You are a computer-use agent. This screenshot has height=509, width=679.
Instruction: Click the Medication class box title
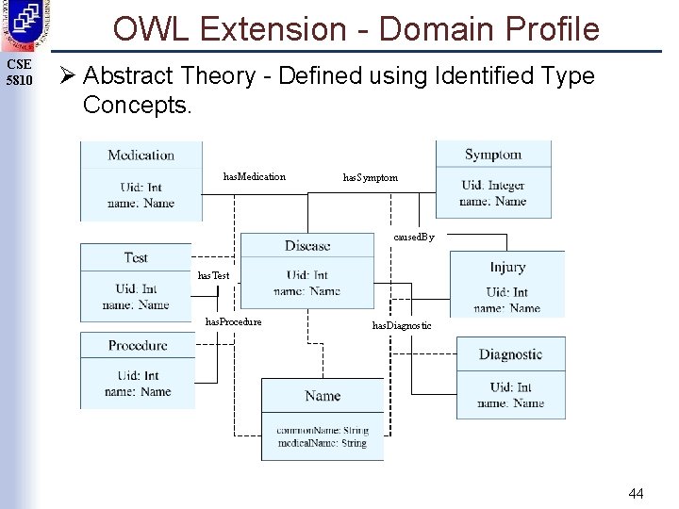[x=141, y=156]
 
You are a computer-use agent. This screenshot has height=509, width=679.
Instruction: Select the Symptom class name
[x=492, y=155]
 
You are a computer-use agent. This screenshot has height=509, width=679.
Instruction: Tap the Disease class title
[x=307, y=246]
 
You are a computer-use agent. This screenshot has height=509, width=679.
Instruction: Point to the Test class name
[x=136, y=257]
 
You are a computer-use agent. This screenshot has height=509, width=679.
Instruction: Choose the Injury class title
[x=507, y=267]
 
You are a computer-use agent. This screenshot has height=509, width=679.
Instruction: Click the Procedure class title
[x=138, y=346]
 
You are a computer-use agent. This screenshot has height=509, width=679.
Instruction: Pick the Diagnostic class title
[x=510, y=354]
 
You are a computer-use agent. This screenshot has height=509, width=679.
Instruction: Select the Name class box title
[x=323, y=396]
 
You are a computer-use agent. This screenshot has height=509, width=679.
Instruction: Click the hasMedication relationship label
[x=254, y=177]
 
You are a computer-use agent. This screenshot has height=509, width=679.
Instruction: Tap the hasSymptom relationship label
[x=370, y=177]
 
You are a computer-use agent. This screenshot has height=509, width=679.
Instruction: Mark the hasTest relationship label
[x=213, y=275]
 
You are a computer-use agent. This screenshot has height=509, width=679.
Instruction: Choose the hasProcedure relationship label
[x=234, y=322]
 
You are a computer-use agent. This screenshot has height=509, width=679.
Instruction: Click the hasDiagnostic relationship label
[x=402, y=325]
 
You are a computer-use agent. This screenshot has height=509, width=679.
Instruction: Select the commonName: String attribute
[x=323, y=431]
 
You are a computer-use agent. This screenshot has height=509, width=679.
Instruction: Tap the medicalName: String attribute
[x=322, y=443]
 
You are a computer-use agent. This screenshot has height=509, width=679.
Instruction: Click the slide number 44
[x=636, y=493]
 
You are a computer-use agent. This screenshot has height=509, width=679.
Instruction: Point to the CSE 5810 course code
[x=19, y=73]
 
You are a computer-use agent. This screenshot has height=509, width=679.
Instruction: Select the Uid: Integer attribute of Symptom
[x=492, y=186]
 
